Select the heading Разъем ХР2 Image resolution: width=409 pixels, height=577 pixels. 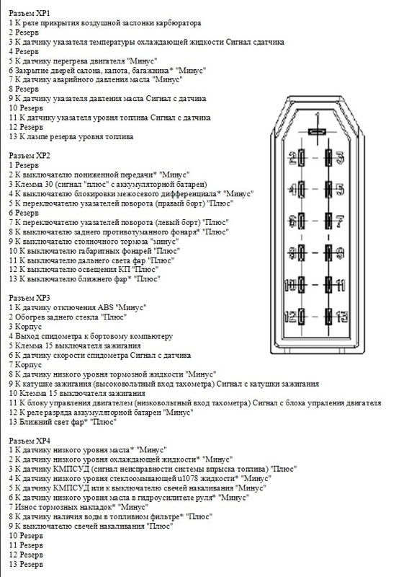[x=30, y=155]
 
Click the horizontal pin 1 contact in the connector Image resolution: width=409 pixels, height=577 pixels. [x=316, y=131]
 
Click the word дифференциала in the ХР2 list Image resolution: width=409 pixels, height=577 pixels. [x=192, y=194]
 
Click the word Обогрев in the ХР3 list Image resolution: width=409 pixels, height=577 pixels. [x=30, y=317]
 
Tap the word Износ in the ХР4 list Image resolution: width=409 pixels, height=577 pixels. [x=25, y=507]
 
